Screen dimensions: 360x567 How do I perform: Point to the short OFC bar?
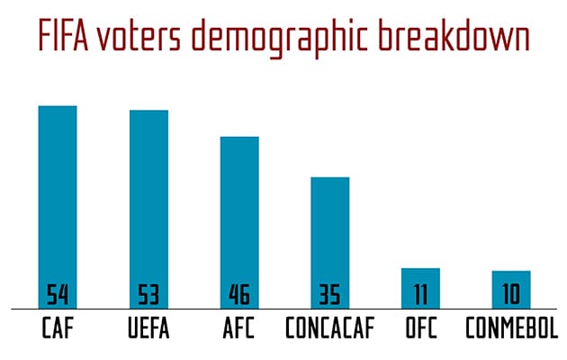point(420,278)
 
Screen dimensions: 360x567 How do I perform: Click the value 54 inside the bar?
point(58,295)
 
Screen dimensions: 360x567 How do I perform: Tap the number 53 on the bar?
point(148,295)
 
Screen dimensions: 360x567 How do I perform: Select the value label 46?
point(239,295)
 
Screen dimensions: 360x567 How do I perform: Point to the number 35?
point(330,295)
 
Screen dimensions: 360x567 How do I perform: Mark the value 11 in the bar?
point(420,295)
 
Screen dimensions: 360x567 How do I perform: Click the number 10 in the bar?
point(511,295)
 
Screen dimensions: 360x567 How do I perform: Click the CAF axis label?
point(58,328)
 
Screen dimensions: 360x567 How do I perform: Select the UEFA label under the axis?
point(148,328)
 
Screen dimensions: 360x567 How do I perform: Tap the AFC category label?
point(239,328)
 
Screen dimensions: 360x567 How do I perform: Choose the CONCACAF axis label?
point(330,328)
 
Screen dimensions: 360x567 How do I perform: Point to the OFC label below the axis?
point(420,328)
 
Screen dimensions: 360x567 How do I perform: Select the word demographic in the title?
point(292,38)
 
